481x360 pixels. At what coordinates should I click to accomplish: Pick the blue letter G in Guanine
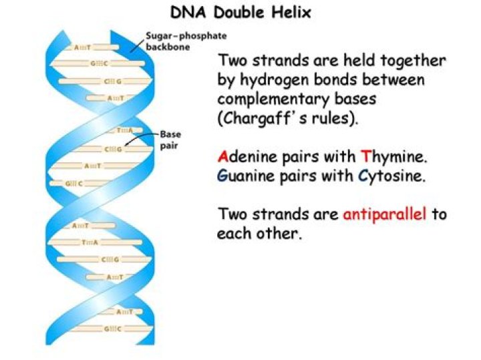pyautogui.click(x=222, y=176)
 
